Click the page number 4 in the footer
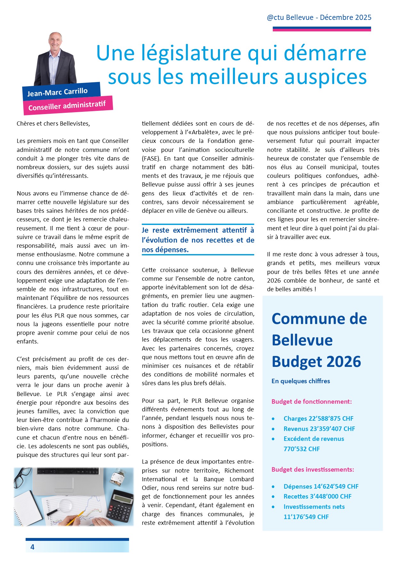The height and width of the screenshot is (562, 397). click(32, 547)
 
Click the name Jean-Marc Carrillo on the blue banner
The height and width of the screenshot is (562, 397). click(57, 92)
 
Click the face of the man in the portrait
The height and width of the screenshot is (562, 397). click(56, 42)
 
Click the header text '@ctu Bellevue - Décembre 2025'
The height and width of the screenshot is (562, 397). click(319, 18)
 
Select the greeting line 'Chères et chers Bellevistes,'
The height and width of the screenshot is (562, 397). click(53, 124)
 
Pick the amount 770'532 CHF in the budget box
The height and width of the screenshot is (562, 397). click(302, 449)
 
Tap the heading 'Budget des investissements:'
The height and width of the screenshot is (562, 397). click(312, 469)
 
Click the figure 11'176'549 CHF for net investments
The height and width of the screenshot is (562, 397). click(306, 517)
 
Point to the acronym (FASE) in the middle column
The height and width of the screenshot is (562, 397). click(150, 159)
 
